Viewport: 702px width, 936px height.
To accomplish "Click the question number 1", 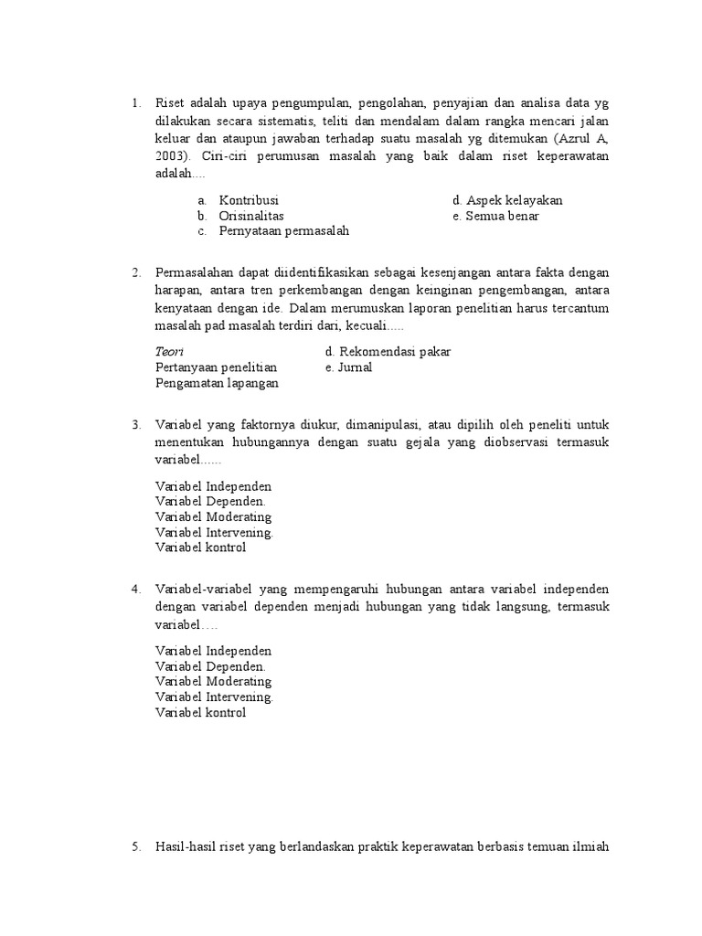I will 135,102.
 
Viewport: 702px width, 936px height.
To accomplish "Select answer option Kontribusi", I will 249,200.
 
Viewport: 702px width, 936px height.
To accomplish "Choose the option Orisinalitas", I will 251,216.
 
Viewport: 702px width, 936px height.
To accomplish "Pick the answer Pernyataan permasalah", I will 283,231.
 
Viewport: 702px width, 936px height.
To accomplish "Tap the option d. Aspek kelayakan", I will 507,200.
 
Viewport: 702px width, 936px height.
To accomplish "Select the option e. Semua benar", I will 495,216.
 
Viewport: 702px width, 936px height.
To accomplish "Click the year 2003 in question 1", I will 171,156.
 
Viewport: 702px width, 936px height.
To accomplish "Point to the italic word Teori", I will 169,352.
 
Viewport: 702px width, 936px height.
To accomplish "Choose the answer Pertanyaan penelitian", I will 217,367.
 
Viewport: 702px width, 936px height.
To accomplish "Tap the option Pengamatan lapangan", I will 217,383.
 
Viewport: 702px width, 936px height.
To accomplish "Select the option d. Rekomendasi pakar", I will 388,352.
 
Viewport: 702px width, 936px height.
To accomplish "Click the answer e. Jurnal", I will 348,367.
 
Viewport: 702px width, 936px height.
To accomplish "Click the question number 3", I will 135,425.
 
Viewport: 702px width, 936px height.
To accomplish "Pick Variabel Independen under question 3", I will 213,486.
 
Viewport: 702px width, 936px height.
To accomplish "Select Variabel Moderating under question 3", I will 213,517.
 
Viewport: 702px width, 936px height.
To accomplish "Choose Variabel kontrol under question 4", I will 200,713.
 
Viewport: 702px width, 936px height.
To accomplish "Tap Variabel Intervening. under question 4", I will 214,697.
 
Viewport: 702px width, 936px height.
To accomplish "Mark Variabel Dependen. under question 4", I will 210,666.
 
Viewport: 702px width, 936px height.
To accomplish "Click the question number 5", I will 135,847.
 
